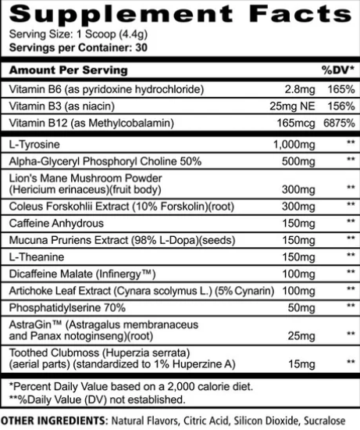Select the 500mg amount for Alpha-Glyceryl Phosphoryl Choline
tap(296, 161)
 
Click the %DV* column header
tap(337, 70)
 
